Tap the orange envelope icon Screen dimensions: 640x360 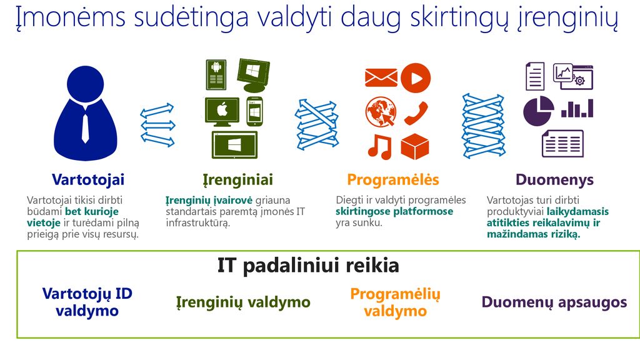point(381,77)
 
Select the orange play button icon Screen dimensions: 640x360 point(416,77)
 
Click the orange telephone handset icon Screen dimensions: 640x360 point(416,113)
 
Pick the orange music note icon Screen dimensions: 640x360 point(379,147)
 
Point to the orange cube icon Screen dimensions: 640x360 point(415,146)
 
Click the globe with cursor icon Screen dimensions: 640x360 point(381,112)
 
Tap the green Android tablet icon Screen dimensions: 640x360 point(216,75)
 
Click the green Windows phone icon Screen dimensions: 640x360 point(255,111)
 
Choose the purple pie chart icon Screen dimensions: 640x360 point(539,111)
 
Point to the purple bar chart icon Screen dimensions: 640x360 point(577,108)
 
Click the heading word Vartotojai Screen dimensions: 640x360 point(88,179)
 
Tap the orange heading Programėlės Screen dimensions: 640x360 point(393,179)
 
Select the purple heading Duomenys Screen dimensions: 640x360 point(555,180)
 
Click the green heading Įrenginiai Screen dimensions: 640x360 point(238,180)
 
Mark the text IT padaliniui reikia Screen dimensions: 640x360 point(308,266)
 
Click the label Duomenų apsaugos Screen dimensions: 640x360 point(554,302)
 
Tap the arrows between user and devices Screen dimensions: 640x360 point(157,125)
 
